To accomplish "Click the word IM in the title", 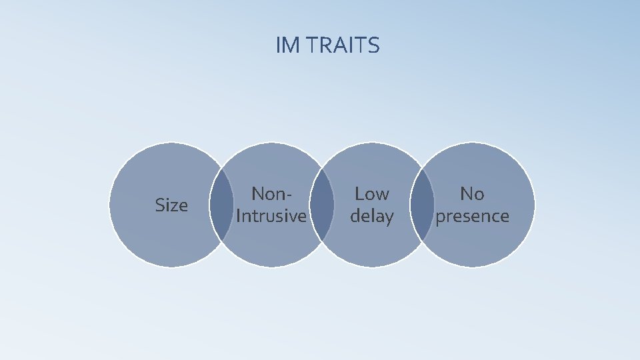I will coord(287,45).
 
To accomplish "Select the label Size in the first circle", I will coord(171,205).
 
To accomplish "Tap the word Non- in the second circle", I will coord(271,194).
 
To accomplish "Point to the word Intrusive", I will coord(271,216).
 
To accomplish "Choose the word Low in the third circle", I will coord(372,194).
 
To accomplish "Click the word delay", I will coord(372,216).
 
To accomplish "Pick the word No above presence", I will coord(472,194).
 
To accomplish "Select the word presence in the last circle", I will coord(472,216).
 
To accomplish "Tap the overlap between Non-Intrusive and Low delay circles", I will coord(322,205).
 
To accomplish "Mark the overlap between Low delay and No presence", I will coord(422,205).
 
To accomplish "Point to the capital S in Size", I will coord(159,205).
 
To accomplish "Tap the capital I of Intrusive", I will coord(239,216).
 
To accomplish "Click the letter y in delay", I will coord(389,218).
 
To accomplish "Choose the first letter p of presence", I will coord(440,218).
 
